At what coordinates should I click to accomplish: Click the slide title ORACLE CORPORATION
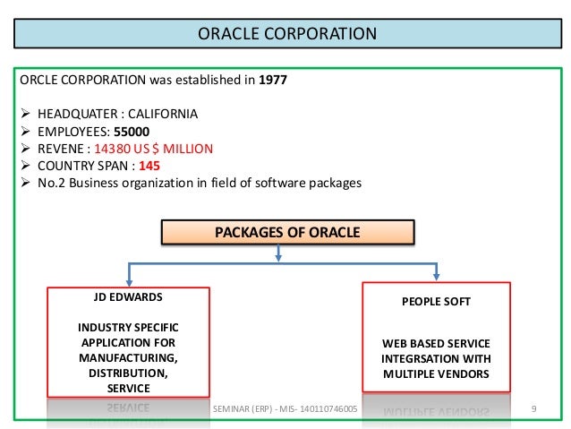click(286, 36)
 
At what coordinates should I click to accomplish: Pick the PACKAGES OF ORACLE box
click(287, 233)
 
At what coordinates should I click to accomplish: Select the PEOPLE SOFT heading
click(437, 303)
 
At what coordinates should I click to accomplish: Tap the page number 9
click(533, 409)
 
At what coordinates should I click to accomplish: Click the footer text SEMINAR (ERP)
click(248, 409)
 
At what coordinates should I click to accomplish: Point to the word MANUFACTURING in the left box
click(128, 357)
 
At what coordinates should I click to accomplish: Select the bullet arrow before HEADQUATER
click(25, 115)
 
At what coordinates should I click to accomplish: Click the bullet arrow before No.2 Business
click(25, 183)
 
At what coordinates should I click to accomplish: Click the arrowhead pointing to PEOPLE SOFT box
click(437, 275)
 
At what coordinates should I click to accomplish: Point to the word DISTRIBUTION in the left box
click(127, 373)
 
